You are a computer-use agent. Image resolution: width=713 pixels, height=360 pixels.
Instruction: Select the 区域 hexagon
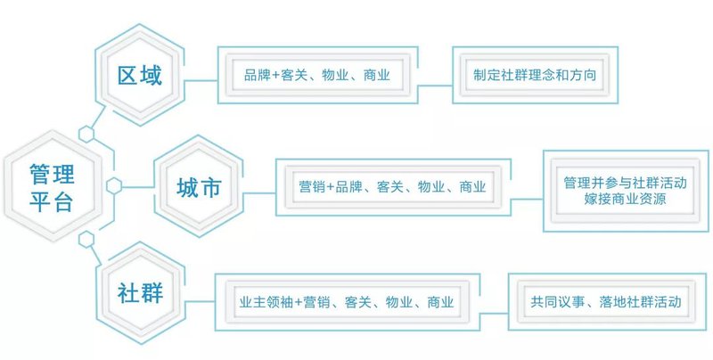141,75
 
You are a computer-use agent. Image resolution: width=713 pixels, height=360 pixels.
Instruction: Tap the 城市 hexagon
198,187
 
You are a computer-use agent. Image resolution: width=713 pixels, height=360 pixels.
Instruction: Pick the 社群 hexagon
141,293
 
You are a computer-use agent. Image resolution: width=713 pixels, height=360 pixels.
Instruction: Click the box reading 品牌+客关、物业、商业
316,76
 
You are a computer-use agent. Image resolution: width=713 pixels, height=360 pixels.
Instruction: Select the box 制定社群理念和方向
535,76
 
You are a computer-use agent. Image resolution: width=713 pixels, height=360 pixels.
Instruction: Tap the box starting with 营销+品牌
392,187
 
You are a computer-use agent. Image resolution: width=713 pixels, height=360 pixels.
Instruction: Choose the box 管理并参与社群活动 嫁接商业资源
625,191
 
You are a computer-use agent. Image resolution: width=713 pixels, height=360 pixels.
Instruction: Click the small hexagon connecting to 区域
86,134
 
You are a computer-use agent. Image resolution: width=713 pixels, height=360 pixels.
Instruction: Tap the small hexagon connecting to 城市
114,185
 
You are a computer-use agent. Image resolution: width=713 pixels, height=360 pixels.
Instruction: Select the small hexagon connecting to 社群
86,238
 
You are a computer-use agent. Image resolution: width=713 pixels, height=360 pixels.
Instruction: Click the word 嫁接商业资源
625,200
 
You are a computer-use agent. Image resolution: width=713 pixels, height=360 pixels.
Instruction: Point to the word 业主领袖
266,302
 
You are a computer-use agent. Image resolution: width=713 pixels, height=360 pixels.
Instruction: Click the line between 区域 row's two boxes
434,86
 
